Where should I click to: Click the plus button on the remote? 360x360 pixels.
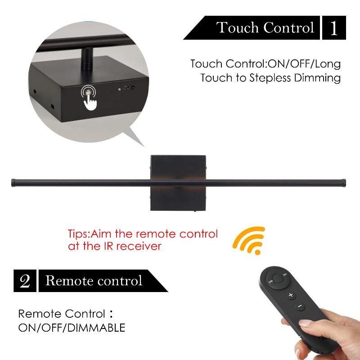291,295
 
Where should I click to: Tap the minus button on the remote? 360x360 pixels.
299,307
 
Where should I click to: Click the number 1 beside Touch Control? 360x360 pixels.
333,28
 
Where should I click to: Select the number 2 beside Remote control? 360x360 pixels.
25,281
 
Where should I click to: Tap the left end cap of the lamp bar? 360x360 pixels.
13,182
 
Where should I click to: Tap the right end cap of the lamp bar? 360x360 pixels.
344,182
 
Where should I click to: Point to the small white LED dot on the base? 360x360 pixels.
119,89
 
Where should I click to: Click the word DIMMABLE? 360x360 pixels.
96,328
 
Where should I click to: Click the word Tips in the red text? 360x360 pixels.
79,234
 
